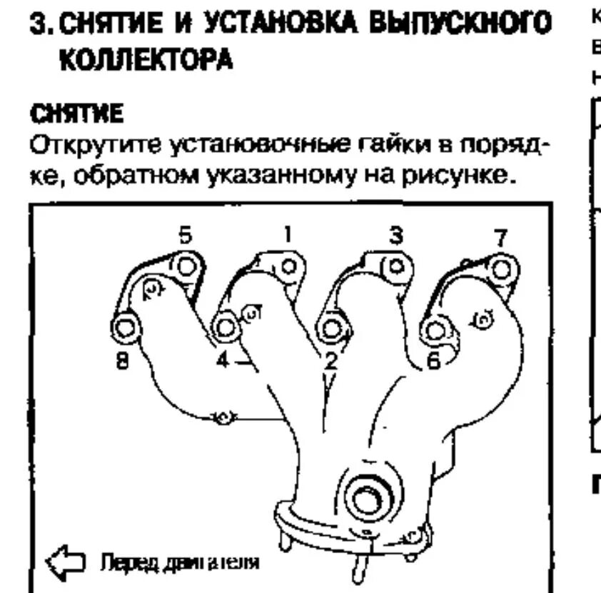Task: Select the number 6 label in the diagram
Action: pyautogui.click(x=433, y=362)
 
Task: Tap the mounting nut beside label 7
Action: pyautogui.click(x=501, y=269)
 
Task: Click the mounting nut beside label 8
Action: pyautogui.click(x=128, y=328)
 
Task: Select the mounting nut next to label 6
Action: pyautogui.click(x=433, y=330)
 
